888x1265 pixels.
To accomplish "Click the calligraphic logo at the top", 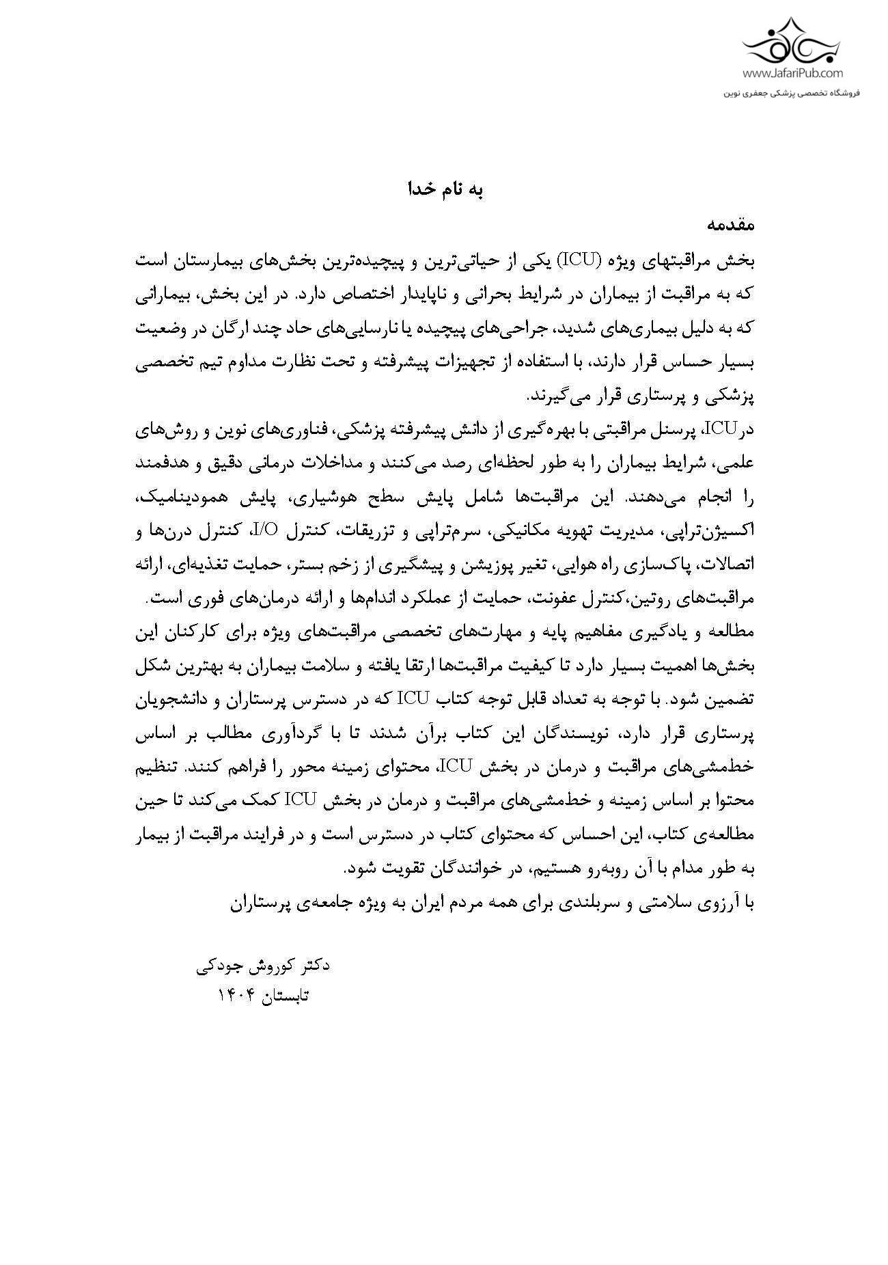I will click(x=792, y=41).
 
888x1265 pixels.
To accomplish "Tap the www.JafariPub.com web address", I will click(x=792, y=73).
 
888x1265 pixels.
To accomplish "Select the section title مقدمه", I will click(x=730, y=225).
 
